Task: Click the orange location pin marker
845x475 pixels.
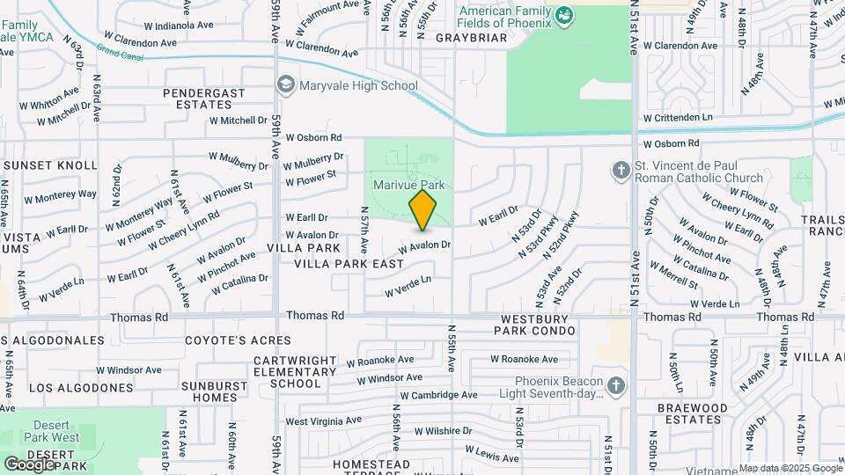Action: [x=422, y=209]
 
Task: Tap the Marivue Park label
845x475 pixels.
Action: [x=409, y=186]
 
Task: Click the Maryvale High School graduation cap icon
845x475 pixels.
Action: [x=285, y=85]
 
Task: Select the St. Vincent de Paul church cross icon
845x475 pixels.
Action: [x=619, y=168]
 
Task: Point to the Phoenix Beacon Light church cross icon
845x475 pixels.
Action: [x=616, y=385]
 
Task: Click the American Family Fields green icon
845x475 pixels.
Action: [x=564, y=15]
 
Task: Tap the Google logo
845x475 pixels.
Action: [x=28, y=464]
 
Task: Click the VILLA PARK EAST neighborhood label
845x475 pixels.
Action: [x=349, y=264]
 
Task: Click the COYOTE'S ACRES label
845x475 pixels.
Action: [x=237, y=340]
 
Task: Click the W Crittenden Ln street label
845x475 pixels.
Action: [x=678, y=117]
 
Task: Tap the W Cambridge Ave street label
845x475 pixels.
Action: [x=437, y=396]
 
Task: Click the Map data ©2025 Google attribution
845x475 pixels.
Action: [x=790, y=468]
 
